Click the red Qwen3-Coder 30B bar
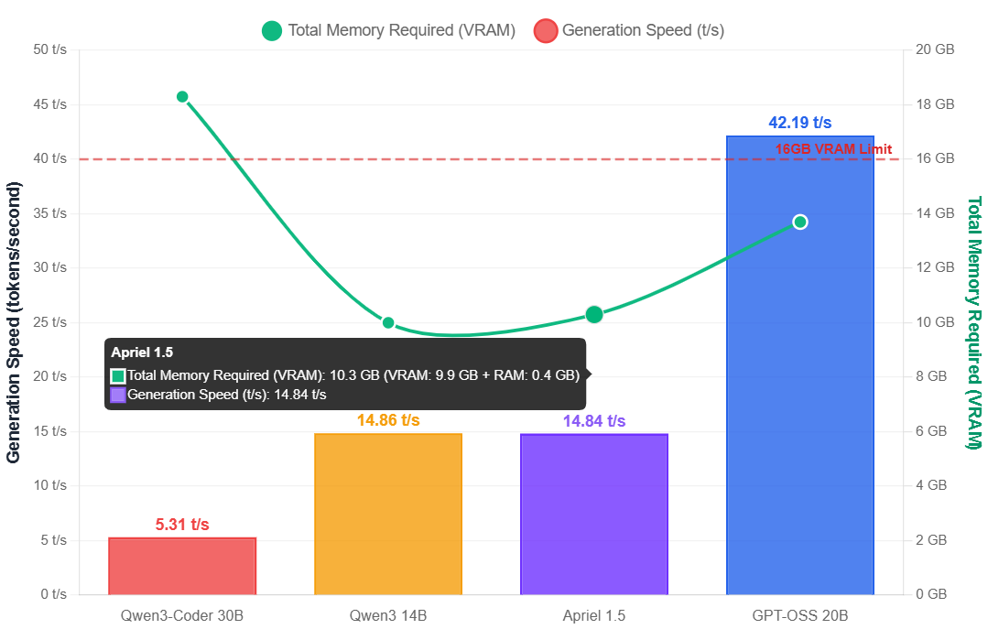pos(182,565)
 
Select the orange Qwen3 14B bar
pos(388,513)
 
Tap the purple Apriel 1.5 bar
pos(594,513)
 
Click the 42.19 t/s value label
pos(799,123)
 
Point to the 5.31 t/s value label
pos(182,525)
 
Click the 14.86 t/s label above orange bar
pos(388,420)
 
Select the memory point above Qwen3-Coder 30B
pos(182,97)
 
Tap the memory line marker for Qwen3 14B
pos(388,322)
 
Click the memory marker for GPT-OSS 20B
pos(799,222)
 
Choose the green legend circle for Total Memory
pos(272,30)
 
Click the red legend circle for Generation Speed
pos(546,30)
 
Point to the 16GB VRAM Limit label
pos(833,149)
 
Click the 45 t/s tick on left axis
pos(50,104)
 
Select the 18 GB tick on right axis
pos(935,104)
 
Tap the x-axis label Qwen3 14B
pos(388,615)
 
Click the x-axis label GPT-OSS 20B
pos(799,615)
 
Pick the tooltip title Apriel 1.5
pos(142,352)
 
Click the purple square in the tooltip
pos(117,396)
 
